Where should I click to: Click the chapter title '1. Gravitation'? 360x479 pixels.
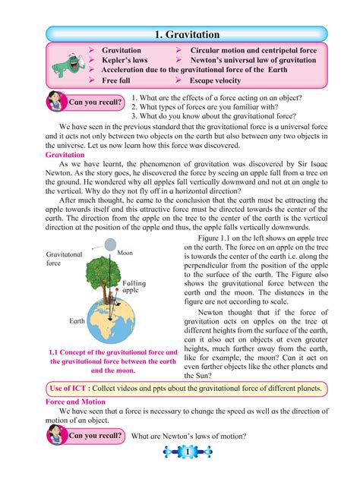pyautogui.click(x=186, y=34)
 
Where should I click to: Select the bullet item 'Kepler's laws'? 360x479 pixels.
pyautogui.click(x=125, y=59)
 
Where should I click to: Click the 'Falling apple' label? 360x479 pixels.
pyautogui.click(x=133, y=285)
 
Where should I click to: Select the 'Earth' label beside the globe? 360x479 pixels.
pyautogui.click(x=77, y=321)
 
